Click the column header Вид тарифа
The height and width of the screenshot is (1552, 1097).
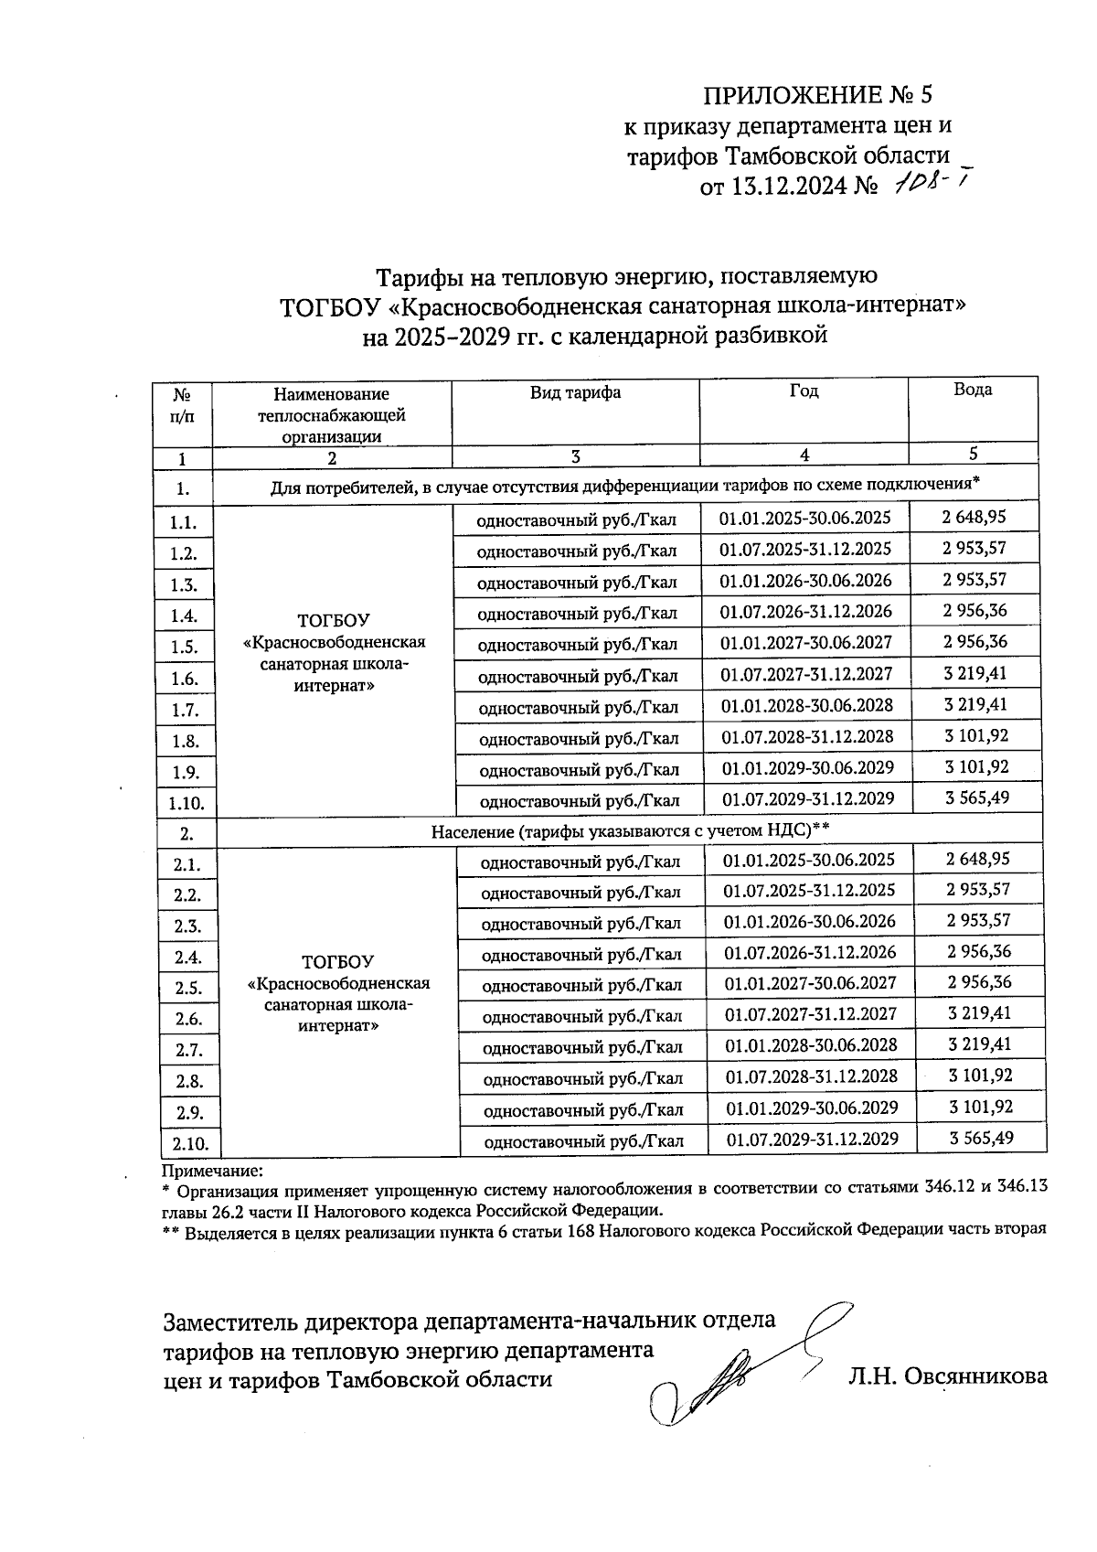point(576,392)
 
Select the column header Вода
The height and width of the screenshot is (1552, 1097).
point(973,390)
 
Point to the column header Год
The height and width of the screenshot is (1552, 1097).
point(804,391)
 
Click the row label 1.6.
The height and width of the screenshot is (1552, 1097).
point(184,679)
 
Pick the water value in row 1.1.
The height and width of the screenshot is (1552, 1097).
point(974,518)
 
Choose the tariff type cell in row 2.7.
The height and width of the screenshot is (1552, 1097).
point(582,1047)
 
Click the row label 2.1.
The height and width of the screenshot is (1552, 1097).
point(186,864)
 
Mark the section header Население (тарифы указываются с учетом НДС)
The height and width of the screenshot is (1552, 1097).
point(630,830)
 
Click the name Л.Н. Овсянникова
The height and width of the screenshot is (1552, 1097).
point(947,1377)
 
